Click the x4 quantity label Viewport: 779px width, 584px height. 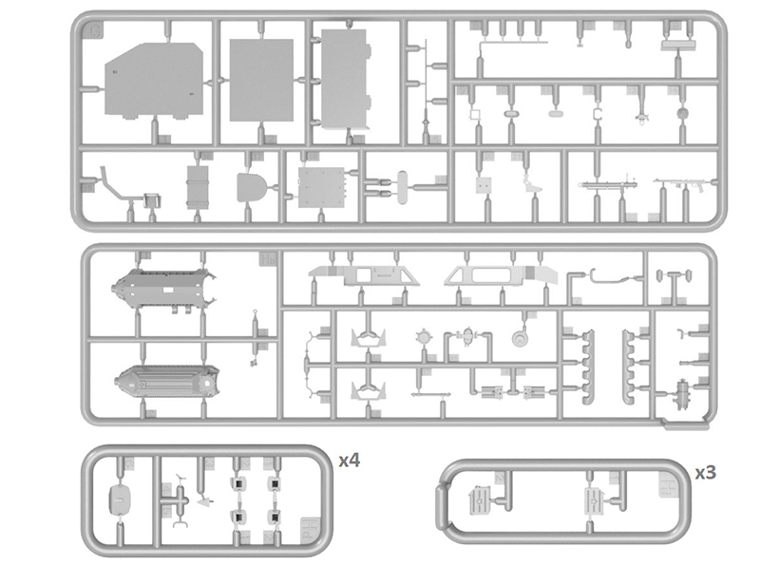click(350, 461)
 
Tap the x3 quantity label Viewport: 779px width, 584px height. click(706, 472)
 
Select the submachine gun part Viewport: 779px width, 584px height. click(683, 185)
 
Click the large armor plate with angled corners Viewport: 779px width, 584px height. click(154, 81)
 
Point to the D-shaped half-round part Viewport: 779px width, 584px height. click(251, 187)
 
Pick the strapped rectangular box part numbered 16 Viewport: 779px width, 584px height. click(198, 187)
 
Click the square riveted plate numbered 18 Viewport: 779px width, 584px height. click(322, 187)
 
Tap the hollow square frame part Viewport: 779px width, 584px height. click(475, 114)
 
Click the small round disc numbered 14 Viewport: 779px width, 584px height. click(684, 113)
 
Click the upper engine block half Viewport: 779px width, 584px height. click(165, 289)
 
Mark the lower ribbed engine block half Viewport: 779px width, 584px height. click(167, 382)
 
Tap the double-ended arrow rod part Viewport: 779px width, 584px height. click(430, 394)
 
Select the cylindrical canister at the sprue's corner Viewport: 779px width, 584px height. click(684, 394)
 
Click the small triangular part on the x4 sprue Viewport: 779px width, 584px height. click(204, 502)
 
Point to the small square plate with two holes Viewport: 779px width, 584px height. click(484, 185)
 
